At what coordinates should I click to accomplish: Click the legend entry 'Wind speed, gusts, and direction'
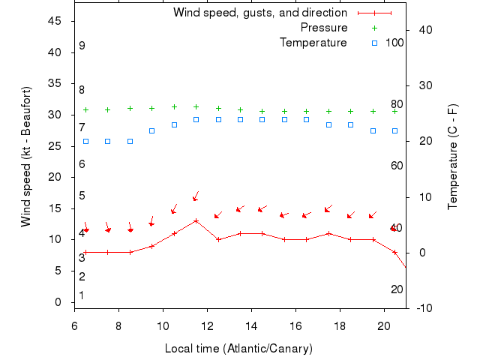[260, 13]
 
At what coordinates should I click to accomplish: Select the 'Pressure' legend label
[324, 28]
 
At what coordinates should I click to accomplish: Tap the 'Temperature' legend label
[313, 42]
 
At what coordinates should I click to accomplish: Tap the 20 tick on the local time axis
[383, 327]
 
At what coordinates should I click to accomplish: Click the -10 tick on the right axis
[421, 308]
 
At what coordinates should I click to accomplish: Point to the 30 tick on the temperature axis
[421, 85]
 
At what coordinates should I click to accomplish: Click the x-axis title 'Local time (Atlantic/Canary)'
[238, 349]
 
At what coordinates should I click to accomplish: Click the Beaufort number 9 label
[82, 46]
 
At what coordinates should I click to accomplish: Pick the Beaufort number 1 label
[82, 295]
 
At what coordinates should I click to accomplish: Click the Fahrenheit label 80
[397, 104]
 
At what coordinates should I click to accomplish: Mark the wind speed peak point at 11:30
[196, 220]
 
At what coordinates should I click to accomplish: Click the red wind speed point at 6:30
[85, 252]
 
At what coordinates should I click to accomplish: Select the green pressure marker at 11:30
[196, 106]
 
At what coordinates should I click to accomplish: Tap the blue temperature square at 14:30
[262, 119]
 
